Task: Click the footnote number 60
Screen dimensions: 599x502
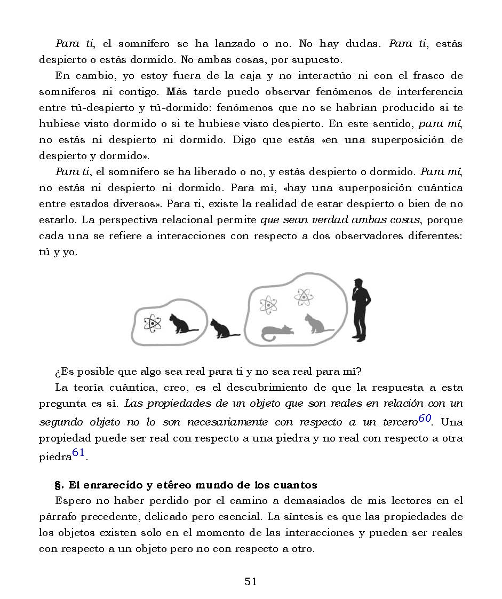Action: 425,419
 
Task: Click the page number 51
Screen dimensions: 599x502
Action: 251,581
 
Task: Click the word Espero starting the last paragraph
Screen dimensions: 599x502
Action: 73,501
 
